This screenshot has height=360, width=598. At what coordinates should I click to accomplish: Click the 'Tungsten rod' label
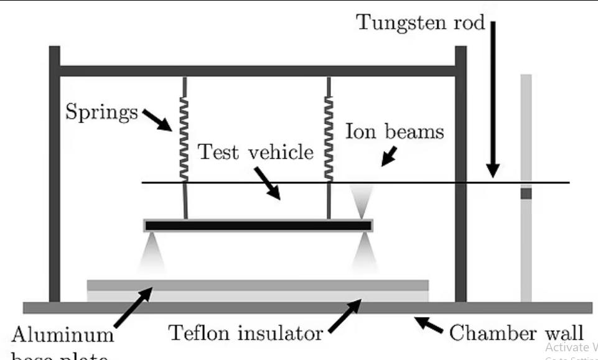tap(420, 22)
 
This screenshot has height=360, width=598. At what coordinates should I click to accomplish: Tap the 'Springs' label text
tap(101, 113)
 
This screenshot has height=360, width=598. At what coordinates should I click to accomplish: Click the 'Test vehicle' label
tap(256, 152)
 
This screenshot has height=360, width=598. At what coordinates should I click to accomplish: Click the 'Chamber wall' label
tap(516, 332)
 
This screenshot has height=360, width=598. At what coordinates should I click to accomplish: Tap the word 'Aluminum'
tap(63, 336)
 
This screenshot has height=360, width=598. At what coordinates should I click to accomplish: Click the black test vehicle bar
tap(258, 226)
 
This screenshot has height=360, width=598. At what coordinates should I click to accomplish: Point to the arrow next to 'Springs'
tap(159, 120)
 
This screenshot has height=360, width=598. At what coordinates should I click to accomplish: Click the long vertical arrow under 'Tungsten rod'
tap(493, 99)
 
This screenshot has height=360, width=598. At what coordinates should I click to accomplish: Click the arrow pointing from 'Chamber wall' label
tap(430, 324)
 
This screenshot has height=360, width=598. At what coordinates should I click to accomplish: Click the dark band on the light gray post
tap(526, 193)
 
